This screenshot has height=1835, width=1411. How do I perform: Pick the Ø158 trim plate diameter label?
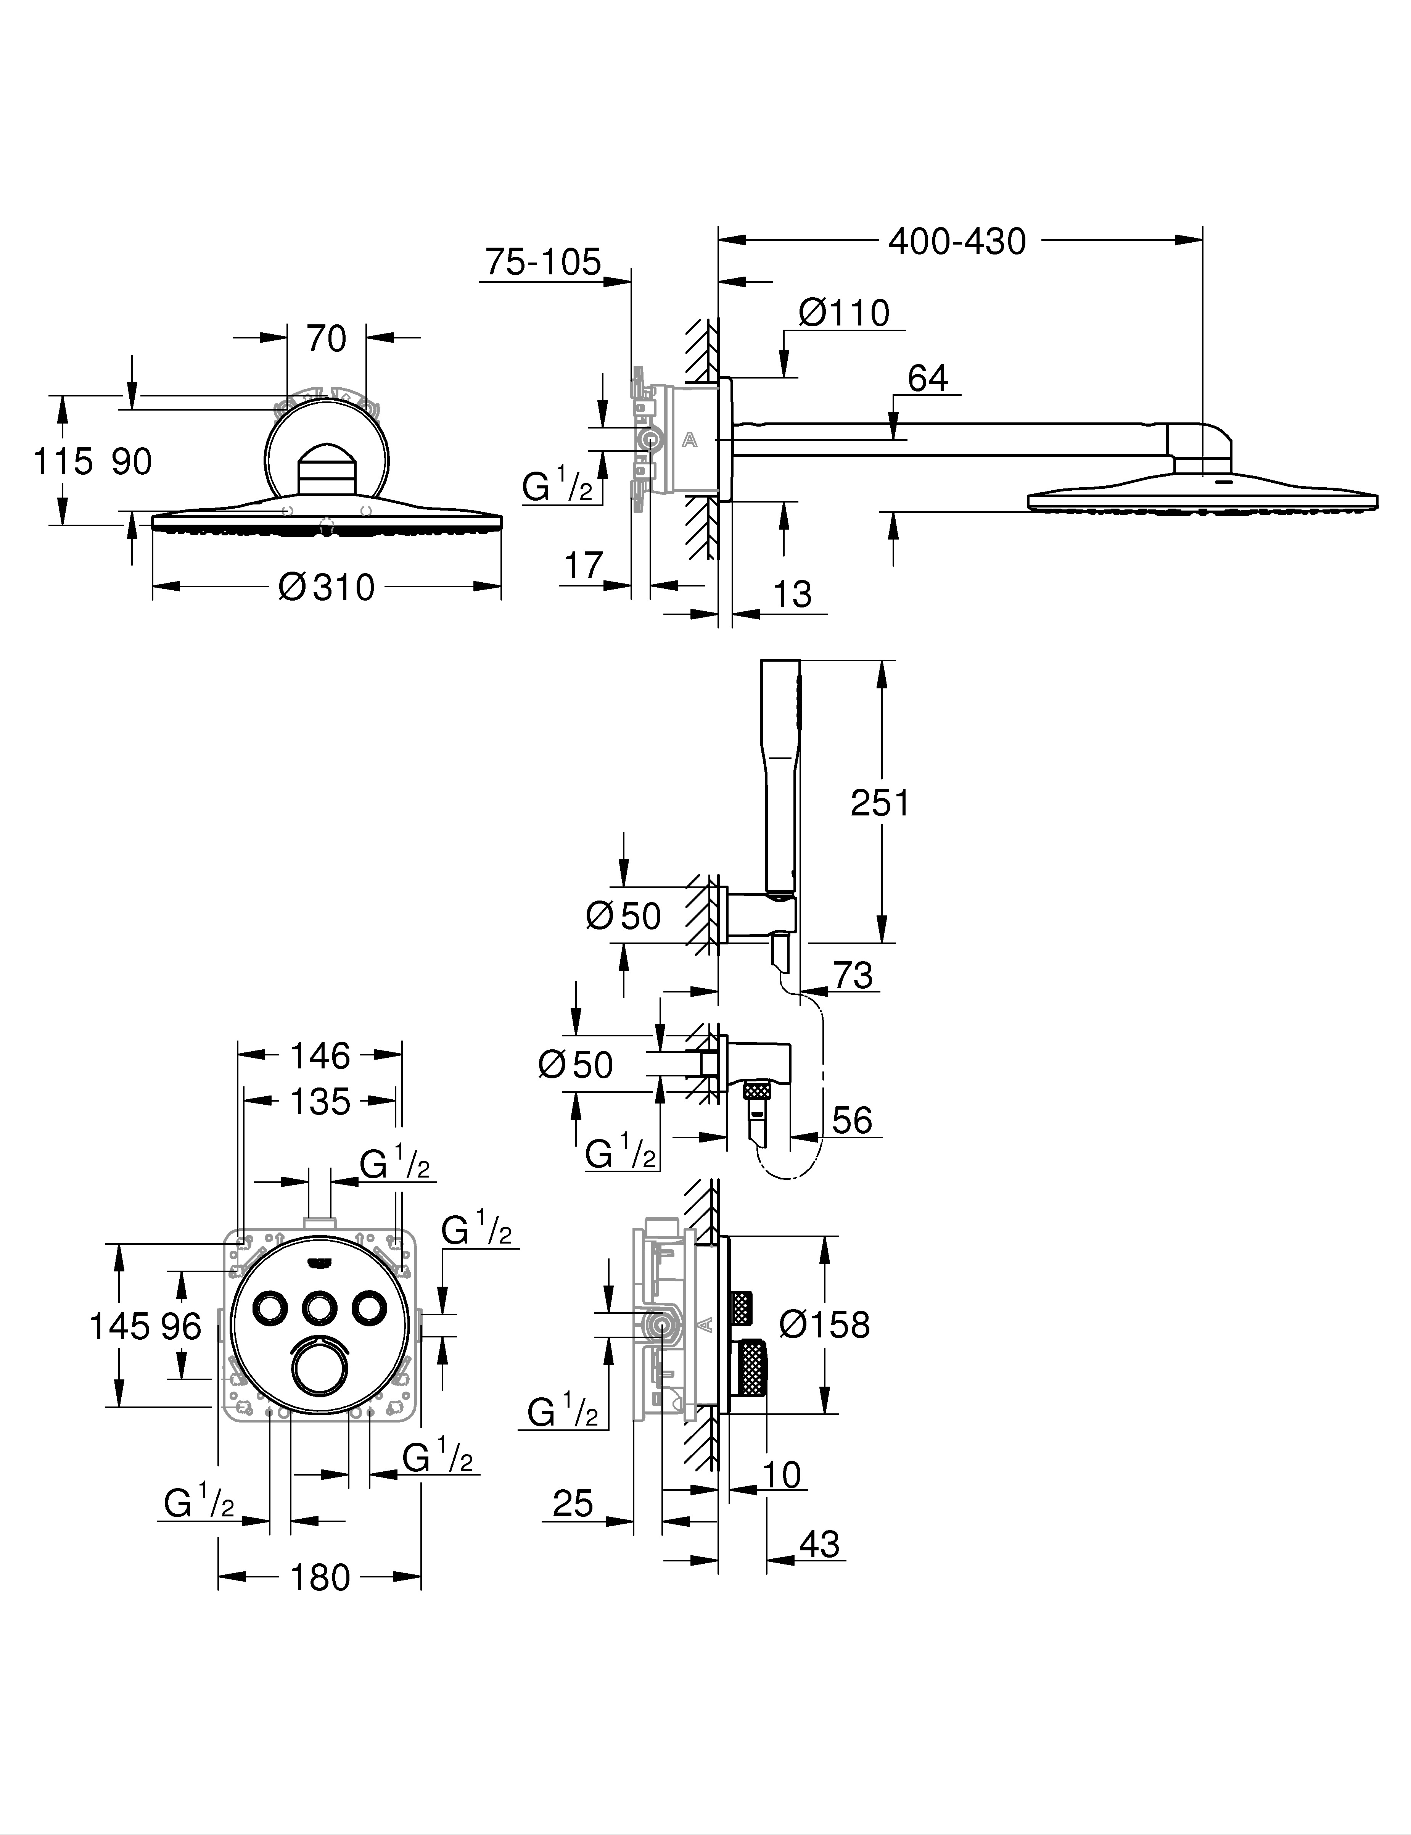[x=825, y=1325]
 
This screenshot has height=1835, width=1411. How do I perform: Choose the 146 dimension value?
[x=320, y=1056]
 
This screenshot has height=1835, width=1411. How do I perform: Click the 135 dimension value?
[x=320, y=1102]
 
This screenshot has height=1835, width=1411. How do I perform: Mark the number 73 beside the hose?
[x=853, y=975]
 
